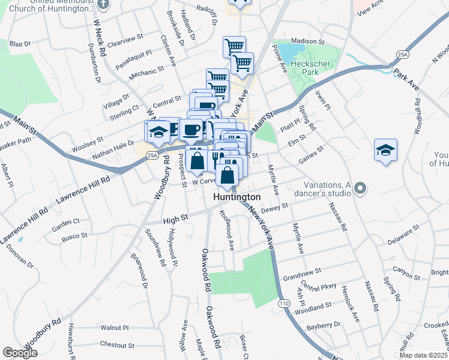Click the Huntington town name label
pos(238,197)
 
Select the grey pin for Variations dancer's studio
pos(360,189)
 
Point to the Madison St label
pos(308,42)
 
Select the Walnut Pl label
pos(115,328)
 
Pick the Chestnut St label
pos(117,345)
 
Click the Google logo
pos(20,353)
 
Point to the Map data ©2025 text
pos(424,355)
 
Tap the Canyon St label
pos(406,270)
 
